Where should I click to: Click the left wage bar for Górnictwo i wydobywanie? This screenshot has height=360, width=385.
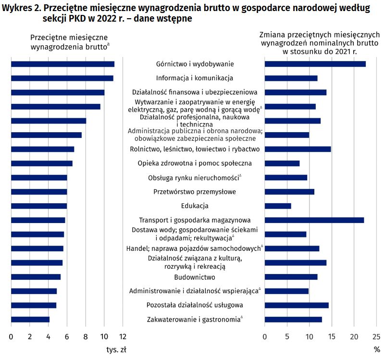pyautogui.click(x=62, y=64)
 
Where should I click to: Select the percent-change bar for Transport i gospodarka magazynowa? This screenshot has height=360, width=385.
pyautogui.click(x=314, y=220)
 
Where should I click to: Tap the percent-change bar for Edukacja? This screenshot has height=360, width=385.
pyautogui.click(x=278, y=206)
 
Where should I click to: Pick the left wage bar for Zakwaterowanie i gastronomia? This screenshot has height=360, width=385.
pyautogui.click(x=30, y=319)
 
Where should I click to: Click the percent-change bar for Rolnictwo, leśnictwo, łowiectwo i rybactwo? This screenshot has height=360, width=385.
pyautogui.click(x=298, y=149)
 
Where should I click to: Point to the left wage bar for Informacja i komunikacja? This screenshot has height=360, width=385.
pyautogui.click(x=62, y=78)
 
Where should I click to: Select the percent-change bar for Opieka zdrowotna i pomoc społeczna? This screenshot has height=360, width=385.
pyautogui.click(x=282, y=163)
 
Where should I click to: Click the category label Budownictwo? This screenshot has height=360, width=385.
pyautogui.click(x=195, y=277)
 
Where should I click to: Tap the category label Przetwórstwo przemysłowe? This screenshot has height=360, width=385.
pyautogui.click(x=195, y=192)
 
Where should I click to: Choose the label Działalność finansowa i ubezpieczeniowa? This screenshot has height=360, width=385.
pyautogui.click(x=195, y=92)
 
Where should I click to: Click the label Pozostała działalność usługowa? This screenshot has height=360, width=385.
pyautogui.click(x=195, y=305)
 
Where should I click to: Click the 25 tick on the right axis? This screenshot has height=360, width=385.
pyautogui.click(x=376, y=336)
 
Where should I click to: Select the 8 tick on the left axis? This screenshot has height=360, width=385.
pyautogui.click(x=85, y=336)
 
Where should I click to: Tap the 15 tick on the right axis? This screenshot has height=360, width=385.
pyautogui.click(x=332, y=336)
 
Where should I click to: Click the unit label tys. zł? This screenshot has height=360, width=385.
pyautogui.click(x=116, y=349)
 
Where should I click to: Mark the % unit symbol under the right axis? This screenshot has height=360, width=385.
pyautogui.click(x=376, y=349)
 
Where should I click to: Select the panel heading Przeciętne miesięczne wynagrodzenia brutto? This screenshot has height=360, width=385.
pyautogui.click(x=69, y=42)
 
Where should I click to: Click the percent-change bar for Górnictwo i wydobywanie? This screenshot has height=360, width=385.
pyautogui.click(x=315, y=64)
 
